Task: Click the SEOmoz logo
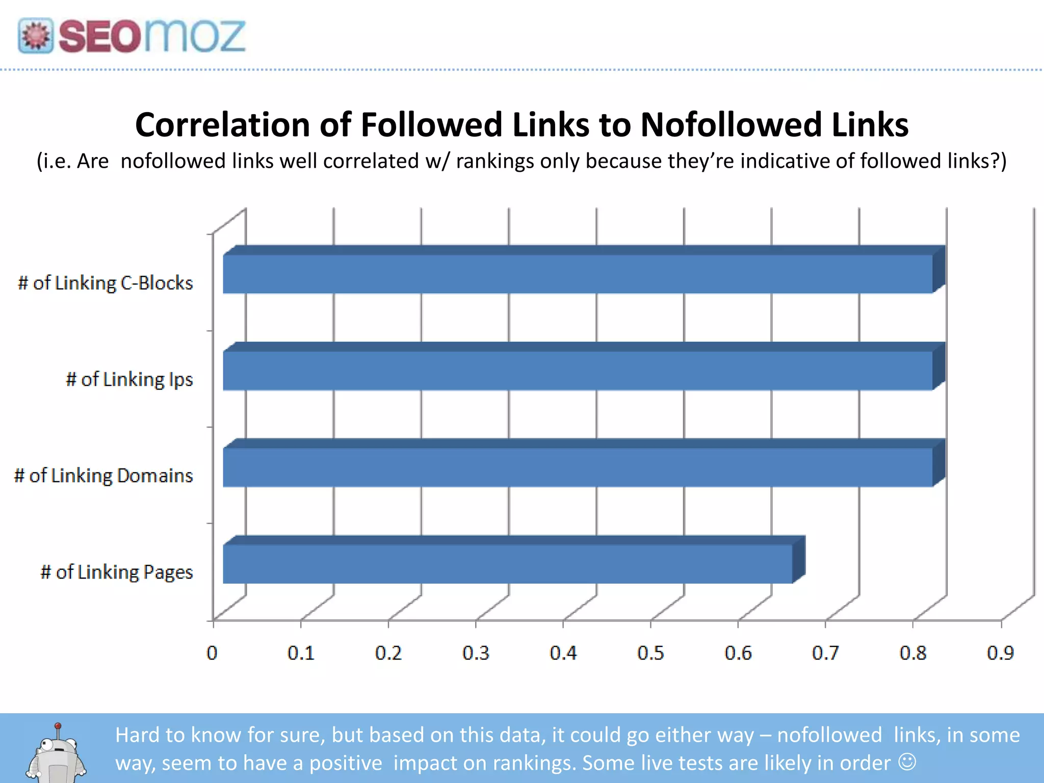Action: click(x=132, y=36)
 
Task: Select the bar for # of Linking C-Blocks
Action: click(x=578, y=274)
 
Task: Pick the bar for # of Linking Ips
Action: click(x=578, y=371)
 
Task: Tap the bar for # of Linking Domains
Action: click(x=578, y=467)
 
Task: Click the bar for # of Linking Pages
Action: click(x=508, y=564)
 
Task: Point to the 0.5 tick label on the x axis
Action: click(x=650, y=653)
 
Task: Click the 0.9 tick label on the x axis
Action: click(x=1000, y=653)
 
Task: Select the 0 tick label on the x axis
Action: click(x=212, y=653)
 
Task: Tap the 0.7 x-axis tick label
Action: click(x=825, y=653)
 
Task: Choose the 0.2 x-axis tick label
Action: click(x=388, y=653)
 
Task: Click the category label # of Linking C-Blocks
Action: click(x=106, y=283)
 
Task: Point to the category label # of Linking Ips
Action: click(x=129, y=380)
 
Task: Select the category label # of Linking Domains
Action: click(x=103, y=476)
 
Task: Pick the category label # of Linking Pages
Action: click(x=117, y=572)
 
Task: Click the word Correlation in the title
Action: click(x=222, y=125)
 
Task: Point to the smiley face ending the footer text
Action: click(x=907, y=762)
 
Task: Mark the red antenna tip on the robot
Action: click(x=58, y=726)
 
